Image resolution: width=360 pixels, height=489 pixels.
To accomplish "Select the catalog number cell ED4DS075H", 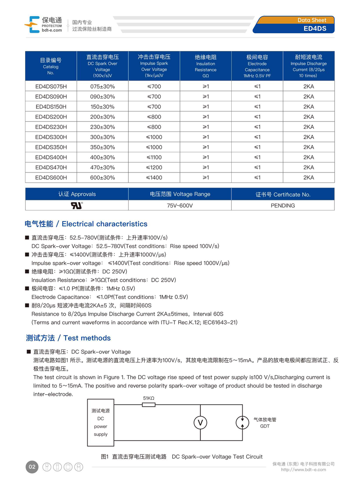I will (x=51, y=86).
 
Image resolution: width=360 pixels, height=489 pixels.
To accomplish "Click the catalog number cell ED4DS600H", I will (x=51, y=178).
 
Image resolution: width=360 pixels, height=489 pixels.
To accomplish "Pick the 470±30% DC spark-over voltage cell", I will (x=103, y=168).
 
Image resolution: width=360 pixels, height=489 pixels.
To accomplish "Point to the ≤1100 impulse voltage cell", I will (x=154, y=158).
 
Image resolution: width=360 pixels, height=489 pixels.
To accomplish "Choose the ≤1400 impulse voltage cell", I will (x=154, y=178).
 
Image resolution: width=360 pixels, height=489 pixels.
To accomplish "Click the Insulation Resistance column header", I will (x=206, y=66).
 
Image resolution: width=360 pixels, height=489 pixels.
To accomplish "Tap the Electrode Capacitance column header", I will (x=257, y=66).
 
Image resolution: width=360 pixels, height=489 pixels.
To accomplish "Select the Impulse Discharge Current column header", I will (x=309, y=66).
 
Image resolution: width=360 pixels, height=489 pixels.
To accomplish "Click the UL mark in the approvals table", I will (x=77, y=205).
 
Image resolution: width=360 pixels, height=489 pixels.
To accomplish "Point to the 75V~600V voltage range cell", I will (x=180, y=206).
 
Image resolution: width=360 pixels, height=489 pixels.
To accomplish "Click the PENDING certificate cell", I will (x=283, y=206).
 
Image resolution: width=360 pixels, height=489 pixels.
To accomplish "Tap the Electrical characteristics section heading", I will (x=86, y=224).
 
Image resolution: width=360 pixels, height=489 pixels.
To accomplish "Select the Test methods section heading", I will (x=68, y=338).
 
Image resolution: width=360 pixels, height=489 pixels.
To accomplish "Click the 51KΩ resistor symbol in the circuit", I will (x=148, y=405).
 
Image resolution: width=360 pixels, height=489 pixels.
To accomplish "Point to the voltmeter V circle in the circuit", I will (x=200, y=422).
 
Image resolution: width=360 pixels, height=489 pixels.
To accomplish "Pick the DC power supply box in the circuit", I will (x=101, y=422).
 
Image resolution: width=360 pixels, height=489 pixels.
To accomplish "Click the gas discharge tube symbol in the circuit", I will (x=243, y=422).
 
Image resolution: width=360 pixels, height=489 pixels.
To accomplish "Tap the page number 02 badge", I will (x=32, y=467).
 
